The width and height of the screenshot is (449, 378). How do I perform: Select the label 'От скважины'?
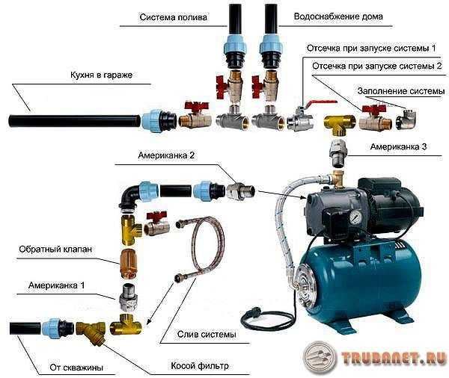tap(71, 367)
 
